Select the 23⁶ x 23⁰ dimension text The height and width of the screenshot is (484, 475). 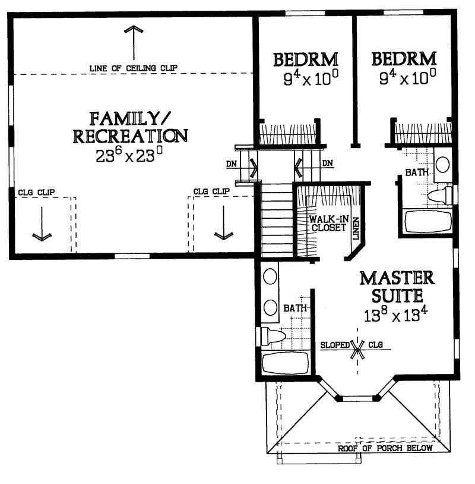(x=129, y=156)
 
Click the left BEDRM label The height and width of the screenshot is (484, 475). (x=305, y=59)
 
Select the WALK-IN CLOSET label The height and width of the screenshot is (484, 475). (x=327, y=223)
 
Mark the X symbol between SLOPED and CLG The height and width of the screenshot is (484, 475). (x=357, y=348)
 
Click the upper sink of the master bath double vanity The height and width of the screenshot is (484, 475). (x=271, y=276)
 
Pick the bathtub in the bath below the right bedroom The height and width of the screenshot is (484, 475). (x=428, y=222)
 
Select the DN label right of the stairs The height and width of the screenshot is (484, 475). (x=327, y=163)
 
